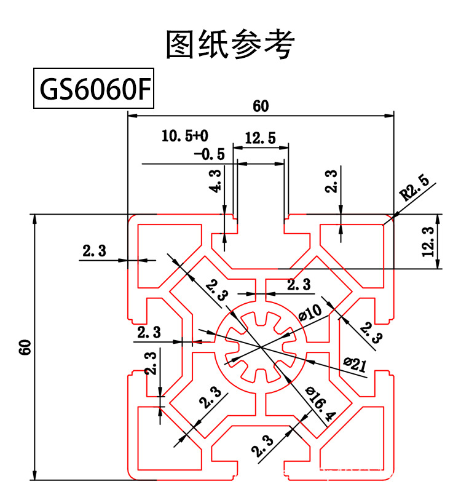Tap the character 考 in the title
pyautogui.click(x=280, y=44)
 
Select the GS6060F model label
pyautogui.click(x=93, y=91)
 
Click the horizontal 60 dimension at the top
pyautogui.click(x=261, y=106)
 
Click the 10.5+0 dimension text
pyautogui.click(x=185, y=135)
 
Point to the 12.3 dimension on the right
pyautogui.click(x=429, y=241)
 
